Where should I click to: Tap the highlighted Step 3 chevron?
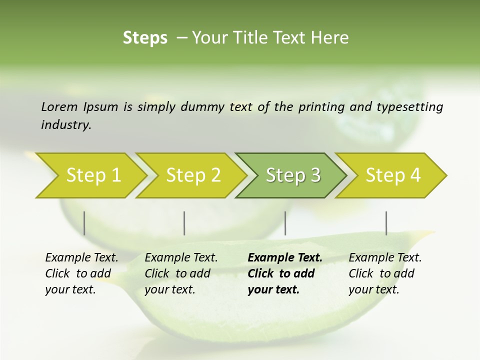(x=293, y=175)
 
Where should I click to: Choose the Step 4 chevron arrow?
(x=393, y=175)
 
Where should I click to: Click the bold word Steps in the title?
(x=145, y=37)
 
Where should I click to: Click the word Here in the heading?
(x=331, y=37)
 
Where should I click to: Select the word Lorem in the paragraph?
(x=59, y=106)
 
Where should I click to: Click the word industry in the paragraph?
(x=65, y=124)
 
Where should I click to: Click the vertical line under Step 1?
(x=84, y=223)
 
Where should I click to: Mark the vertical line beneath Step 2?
(x=184, y=223)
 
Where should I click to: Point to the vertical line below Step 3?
(x=285, y=223)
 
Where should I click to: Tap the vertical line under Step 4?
(x=386, y=223)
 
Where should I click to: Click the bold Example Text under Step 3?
(x=285, y=257)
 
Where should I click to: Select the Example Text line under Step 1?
(x=81, y=257)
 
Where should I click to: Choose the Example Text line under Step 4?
(x=385, y=257)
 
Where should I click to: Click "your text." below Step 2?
(x=169, y=289)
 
